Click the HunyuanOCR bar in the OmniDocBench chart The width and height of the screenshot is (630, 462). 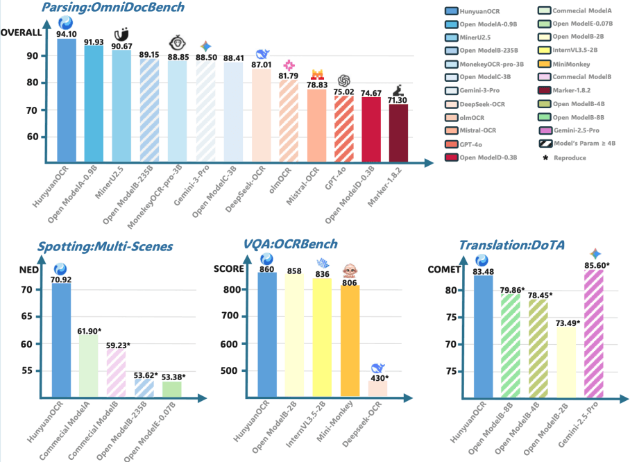pos(67,101)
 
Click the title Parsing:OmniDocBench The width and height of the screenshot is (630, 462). pos(113,8)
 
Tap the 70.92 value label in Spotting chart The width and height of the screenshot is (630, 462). pos(62,279)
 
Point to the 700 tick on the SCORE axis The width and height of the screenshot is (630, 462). pos(239,316)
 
